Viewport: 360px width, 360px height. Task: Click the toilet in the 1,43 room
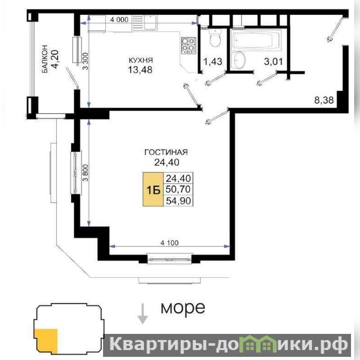click(216, 39)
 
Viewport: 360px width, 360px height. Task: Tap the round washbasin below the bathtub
click(239, 60)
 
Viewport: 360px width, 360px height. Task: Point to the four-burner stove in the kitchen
click(189, 45)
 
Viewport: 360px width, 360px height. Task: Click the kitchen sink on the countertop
click(150, 22)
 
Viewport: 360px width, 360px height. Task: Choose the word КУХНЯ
click(141, 60)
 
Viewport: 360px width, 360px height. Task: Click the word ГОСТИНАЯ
click(166, 152)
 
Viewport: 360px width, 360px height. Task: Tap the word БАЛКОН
click(45, 59)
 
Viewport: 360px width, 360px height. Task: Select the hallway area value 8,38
click(324, 100)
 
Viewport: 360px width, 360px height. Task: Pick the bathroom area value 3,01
click(274, 62)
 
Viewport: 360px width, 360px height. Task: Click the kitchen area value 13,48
click(140, 70)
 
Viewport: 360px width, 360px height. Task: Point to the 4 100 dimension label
click(170, 243)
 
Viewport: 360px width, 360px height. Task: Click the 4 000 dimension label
click(119, 20)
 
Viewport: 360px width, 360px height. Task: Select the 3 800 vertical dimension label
click(85, 173)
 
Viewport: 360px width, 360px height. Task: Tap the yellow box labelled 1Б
click(153, 189)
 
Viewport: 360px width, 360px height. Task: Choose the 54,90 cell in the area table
click(178, 201)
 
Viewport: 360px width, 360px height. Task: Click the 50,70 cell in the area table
click(178, 189)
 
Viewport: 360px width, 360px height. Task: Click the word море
click(183, 308)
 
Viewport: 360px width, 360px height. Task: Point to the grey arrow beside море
click(143, 314)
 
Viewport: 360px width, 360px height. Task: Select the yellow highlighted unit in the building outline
click(46, 341)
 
